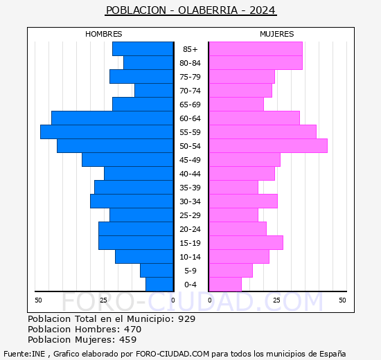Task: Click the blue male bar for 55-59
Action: (106, 132)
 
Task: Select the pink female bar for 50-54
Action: (267, 146)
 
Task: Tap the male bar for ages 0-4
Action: (159, 285)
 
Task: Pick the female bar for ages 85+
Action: (255, 49)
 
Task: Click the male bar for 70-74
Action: (153, 91)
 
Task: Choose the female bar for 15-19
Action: (245, 243)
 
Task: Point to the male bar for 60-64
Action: (112, 118)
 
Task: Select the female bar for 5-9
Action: (230, 271)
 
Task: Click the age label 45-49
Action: (190, 160)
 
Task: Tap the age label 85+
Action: (190, 49)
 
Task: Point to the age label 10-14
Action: (190, 257)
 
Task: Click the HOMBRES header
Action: (103, 34)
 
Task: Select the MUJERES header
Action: (276, 34)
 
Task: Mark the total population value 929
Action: (186, 319)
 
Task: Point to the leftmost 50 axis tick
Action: (39, 300)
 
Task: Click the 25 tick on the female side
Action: (276, 300)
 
